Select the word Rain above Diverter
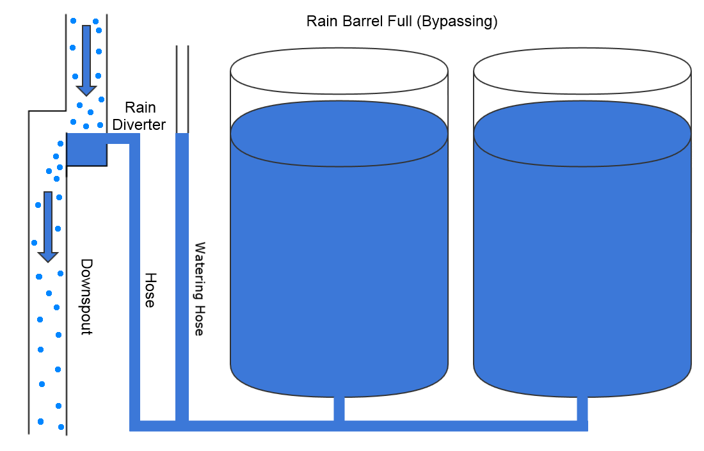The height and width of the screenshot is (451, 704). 140,107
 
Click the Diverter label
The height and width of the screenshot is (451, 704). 139,124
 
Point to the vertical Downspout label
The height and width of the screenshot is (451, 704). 86,297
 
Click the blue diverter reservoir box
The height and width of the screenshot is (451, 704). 86,150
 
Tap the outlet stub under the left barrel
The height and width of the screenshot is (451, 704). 339,408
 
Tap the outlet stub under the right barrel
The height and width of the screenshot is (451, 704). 582,408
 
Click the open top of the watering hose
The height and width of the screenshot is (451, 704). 182,47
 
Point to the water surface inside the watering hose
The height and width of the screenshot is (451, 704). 182,134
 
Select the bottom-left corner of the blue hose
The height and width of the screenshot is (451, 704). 134,425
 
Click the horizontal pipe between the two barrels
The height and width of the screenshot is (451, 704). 461,425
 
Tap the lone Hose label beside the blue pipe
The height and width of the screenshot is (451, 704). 150,290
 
